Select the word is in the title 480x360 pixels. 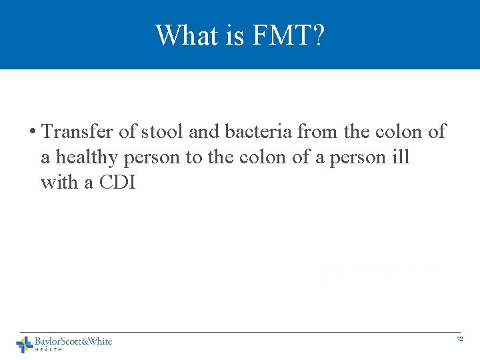[235, 35]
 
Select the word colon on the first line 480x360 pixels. [399, 132]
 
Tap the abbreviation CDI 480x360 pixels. [117, 182]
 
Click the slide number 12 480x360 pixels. [460, 340]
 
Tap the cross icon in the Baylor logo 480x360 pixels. [25, 344]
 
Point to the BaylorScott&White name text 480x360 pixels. [73, 341]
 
